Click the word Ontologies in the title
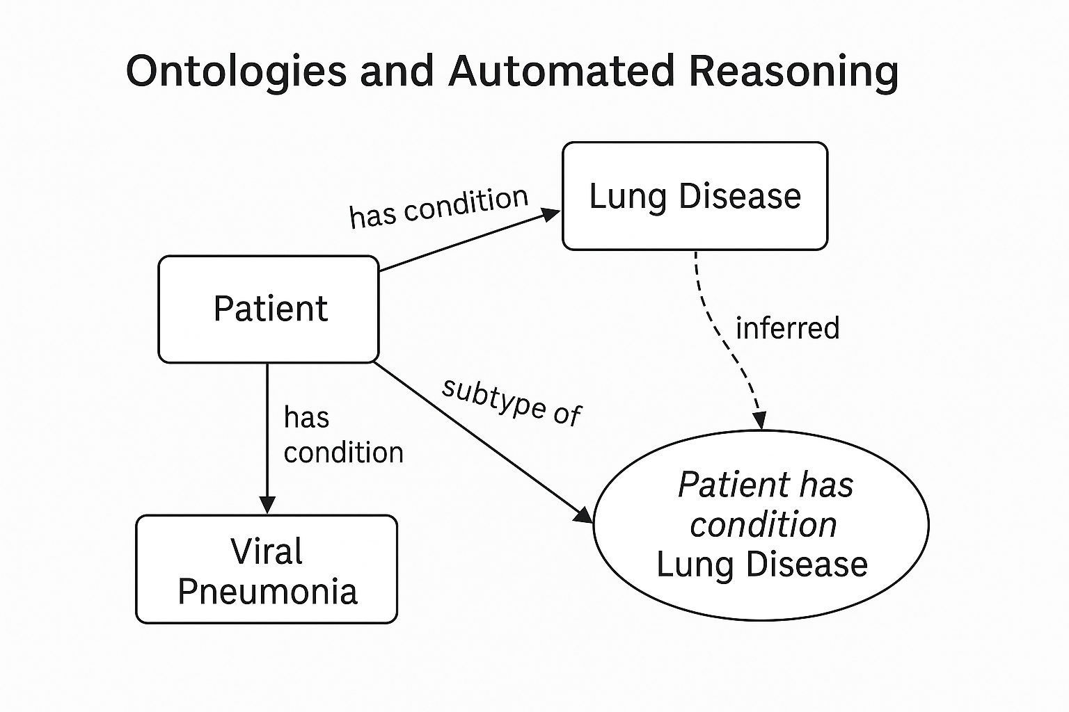tap(236, 72)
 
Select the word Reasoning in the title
tap(793, 72)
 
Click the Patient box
tap(269, 309)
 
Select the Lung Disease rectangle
tap(695, 196)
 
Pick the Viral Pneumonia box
tap(267, 569)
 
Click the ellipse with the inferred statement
tap(761, 524)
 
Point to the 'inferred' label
tap(787, 327)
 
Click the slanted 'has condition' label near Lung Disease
tap(438, 207)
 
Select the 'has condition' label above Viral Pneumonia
tap(342, 435)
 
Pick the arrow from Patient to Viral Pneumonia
tap(267, 431)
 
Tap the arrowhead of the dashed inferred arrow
tap(760, 420)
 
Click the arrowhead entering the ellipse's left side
tap(583, 515)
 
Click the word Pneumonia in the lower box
tap(267, 592)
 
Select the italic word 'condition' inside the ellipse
tap(763, 524)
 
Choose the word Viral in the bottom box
tap(267, 551)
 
